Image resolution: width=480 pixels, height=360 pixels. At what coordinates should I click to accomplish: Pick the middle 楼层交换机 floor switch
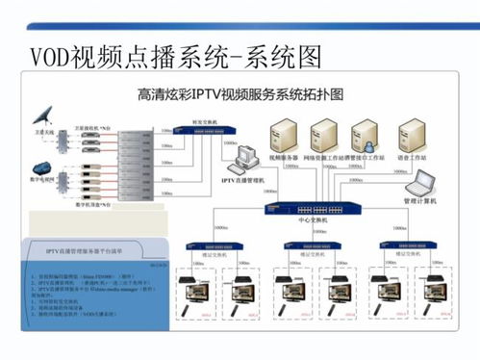(x=305, y=245)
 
